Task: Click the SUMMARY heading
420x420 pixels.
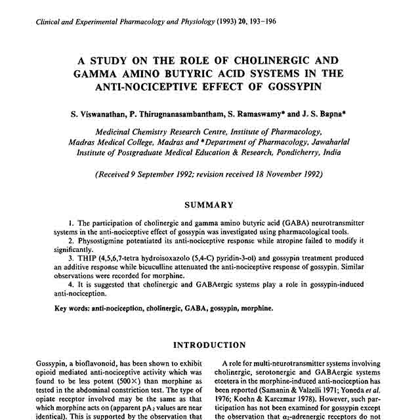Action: tap(209, 205)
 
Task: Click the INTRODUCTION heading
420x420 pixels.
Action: tap(209, 345)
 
